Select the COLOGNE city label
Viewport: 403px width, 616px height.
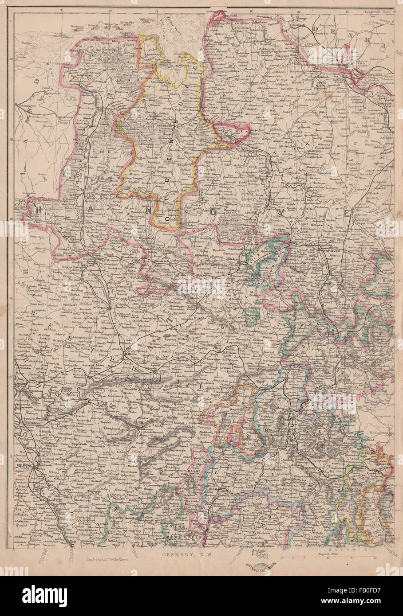21,465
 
